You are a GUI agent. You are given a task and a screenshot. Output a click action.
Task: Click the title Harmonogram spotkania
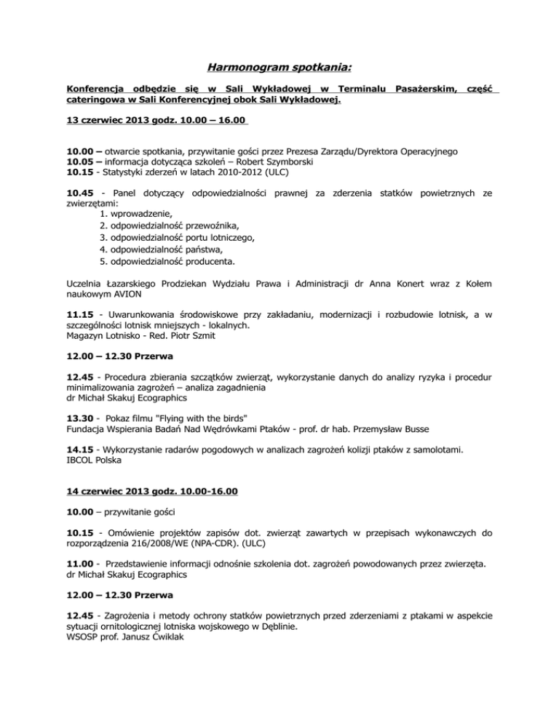(x=279, y=68)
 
